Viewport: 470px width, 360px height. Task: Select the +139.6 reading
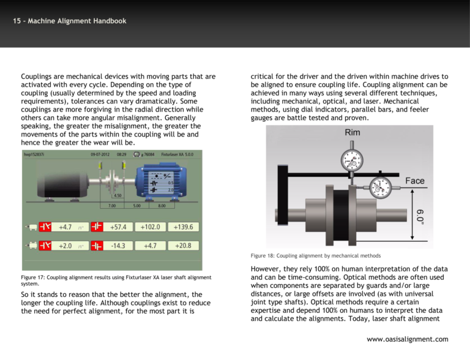pos(183,227)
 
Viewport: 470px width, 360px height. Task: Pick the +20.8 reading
pos(183,246)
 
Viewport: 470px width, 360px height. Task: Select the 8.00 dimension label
pos(162,206)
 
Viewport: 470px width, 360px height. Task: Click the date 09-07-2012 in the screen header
pos(100,156)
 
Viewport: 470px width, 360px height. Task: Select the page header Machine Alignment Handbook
pos(69,21)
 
